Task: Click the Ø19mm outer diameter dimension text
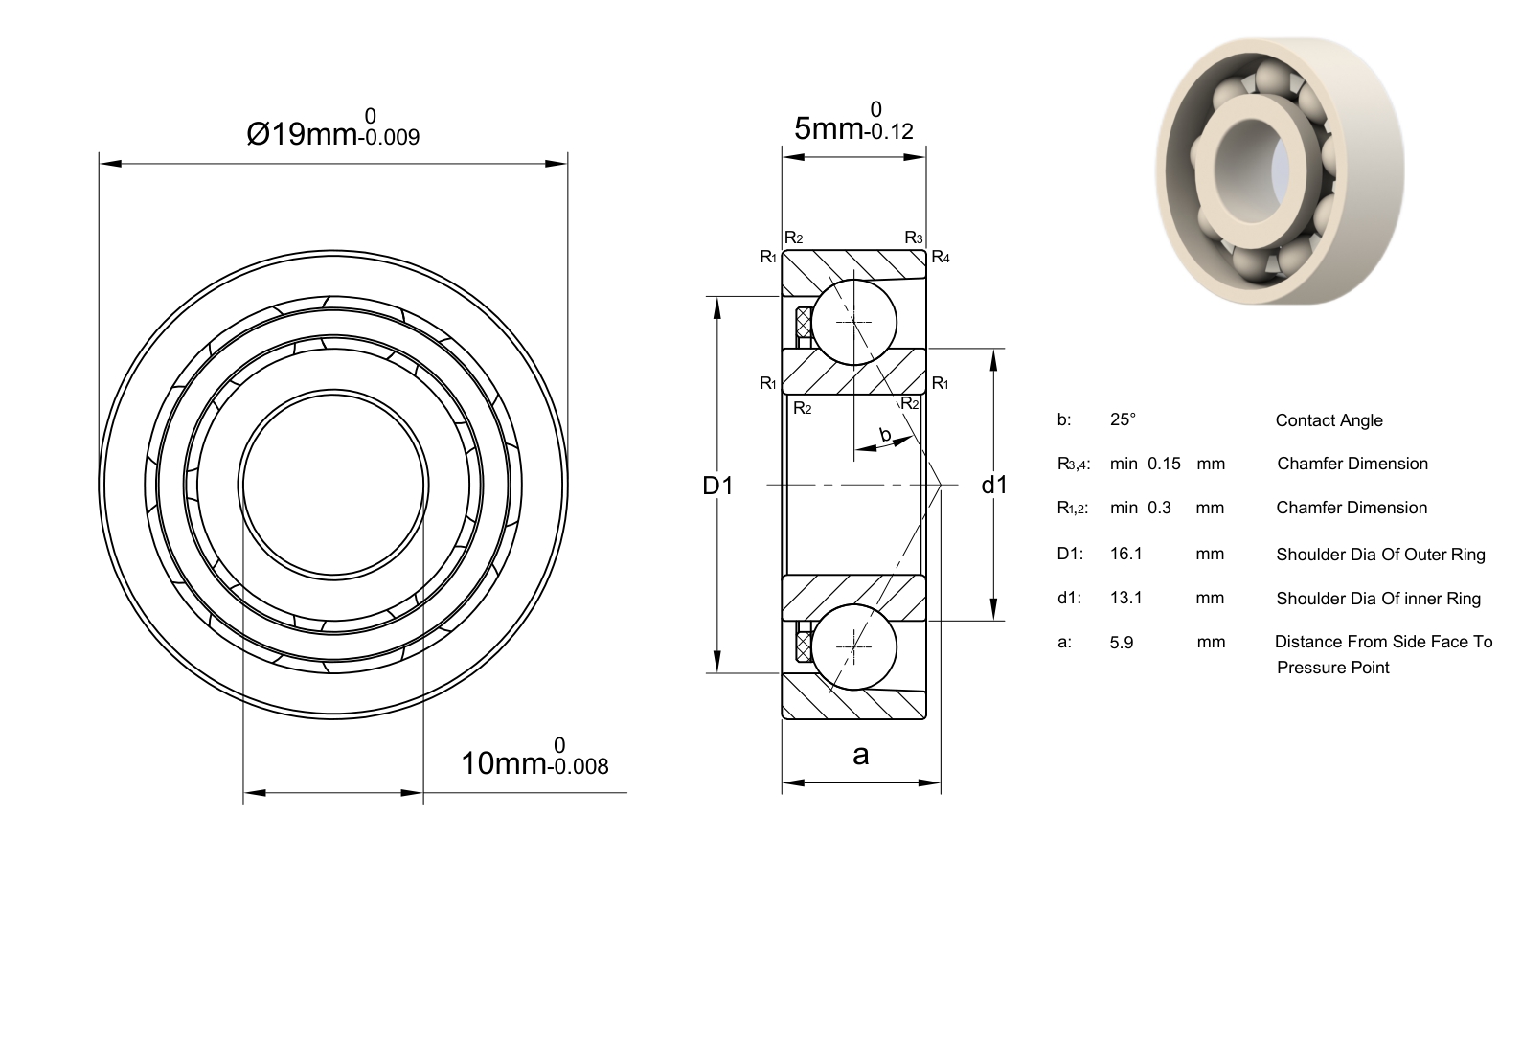[x=333, y=127]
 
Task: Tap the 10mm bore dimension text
[x=534, y=758]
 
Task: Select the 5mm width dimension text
[x=854, y=122]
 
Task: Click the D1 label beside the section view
[x=717, y=486]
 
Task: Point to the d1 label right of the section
[x=995, y=486]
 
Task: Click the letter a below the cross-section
[x=861, y=755]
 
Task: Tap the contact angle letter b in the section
[x=885, y=434]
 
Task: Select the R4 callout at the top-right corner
[x=941, y=257]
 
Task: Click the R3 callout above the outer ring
[x=914, y=238]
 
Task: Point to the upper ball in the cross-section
[x=854, y=322]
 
